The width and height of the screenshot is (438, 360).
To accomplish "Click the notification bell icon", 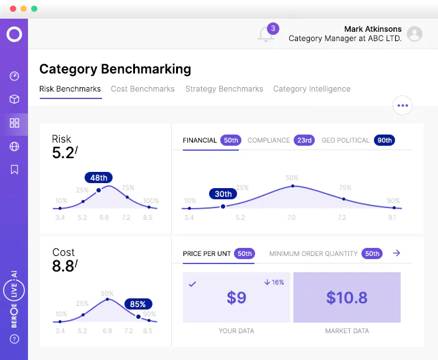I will pyautogui.click(x=266, y=35).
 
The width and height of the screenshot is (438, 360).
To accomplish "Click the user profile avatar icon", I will pyautogui.click(x=414, y=34).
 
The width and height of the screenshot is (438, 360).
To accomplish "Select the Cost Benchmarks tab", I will pyautogui.click(x=142, y=89).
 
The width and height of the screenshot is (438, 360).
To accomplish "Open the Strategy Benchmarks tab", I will pyautogui.click(x=224, y=89).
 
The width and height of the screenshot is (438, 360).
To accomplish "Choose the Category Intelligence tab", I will pyautogui.click(x=312, y=89).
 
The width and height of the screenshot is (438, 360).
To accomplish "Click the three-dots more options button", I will pyautogui.click(x=403, y=105).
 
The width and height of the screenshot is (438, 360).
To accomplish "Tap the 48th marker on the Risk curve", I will pyautogui.click(x=98, y=178).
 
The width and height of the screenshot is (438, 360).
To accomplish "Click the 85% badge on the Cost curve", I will pyautogui.click(x=138, y=305).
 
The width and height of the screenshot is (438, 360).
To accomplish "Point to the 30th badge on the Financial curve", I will pyautogui.click(x=223, y=194).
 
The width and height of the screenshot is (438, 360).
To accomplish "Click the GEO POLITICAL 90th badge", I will pyautogui.click(x=384, y=140).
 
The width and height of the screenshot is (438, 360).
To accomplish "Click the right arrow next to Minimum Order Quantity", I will pyautogui.click(x=397, y=253).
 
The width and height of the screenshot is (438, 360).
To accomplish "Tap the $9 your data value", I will pyautogui.click(x=236, y=298).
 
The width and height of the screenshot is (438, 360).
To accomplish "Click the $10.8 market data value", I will pyautogui.click(x=347, y=298).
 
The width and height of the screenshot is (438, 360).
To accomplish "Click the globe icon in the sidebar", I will pyautogui.click(x=14, y=146).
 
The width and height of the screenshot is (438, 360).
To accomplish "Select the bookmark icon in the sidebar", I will pyautogui.click(x=14, y=169).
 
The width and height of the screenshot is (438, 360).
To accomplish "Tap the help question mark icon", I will pyautogui.click(x=14, y=339).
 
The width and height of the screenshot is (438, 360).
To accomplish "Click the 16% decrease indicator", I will pyautogui.click(x=274, y=282).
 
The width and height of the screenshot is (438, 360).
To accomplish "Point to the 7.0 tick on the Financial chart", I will pyautogui.click(x=291, y=218).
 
